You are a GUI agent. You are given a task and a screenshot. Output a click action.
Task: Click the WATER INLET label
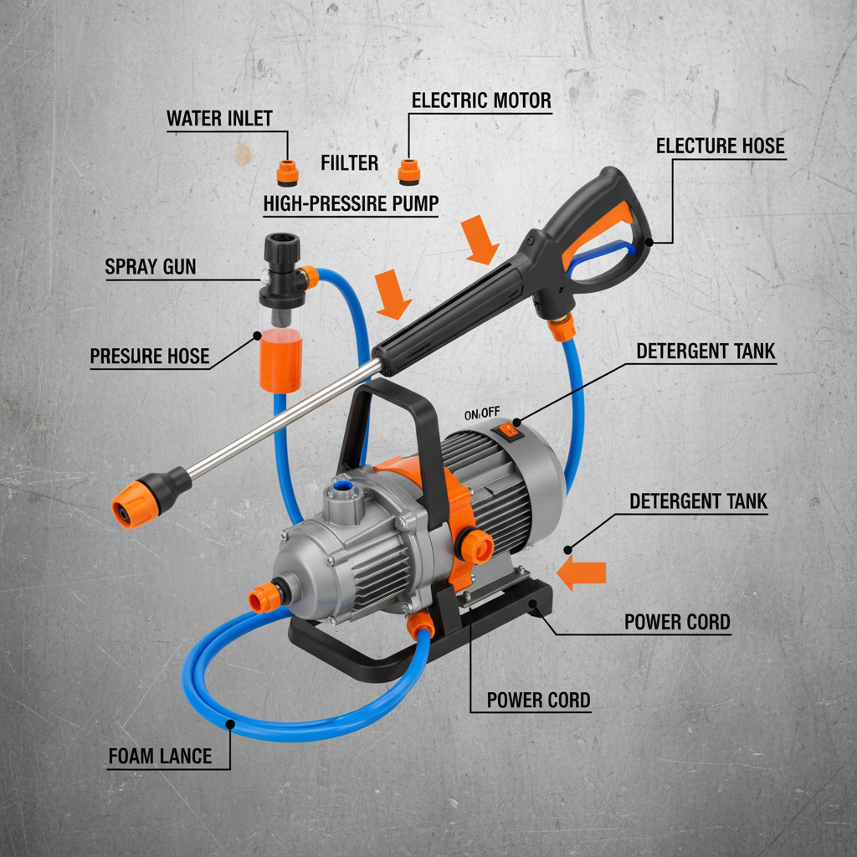219,118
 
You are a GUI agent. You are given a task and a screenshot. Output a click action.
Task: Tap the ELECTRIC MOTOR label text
481,101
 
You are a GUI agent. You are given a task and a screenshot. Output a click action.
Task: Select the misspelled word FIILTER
349,162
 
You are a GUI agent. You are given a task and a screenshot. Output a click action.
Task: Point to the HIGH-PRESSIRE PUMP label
351,203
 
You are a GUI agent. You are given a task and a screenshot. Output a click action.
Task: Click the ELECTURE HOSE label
720,146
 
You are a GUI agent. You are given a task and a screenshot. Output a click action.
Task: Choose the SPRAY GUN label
151,267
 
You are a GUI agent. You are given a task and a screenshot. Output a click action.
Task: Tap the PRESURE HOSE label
149,356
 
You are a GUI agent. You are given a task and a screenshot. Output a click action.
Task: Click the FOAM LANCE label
159,757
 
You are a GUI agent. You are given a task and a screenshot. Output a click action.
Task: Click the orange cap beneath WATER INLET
287,172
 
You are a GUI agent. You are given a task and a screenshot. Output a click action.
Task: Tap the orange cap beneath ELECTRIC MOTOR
408,171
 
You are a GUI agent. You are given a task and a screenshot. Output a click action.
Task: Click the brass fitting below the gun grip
560,326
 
